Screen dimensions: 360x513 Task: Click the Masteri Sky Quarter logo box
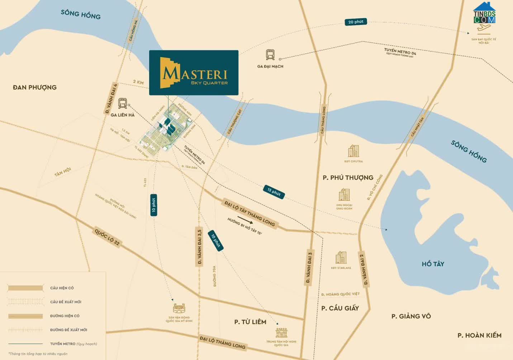click(194, 73)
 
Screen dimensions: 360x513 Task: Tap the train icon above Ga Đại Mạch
click(270, 55)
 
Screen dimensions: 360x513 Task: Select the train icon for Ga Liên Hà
click(123, 104)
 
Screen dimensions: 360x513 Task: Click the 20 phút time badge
click(356, 22)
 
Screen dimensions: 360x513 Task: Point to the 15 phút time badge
click(274, 192)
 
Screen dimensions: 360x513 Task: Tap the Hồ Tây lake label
click(433, 264)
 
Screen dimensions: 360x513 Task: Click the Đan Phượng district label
click(35, 87)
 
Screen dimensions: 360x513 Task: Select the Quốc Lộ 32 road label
click(107, 237)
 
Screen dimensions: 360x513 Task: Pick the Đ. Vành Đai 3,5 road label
click(200, 246)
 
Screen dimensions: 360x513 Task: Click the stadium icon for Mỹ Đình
click(179, 308)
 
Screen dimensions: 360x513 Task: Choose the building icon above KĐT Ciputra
click(353, 151)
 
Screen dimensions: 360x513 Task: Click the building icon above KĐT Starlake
click(341, 258)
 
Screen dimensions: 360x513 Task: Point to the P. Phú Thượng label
click(348, 178)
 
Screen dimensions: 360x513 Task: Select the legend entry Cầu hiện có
click(62, 288)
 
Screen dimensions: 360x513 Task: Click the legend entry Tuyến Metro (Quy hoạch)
click(73, 344)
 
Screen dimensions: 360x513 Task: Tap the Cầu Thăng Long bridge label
click(323, 120)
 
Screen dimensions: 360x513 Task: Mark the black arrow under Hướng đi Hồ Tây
click(245, 220)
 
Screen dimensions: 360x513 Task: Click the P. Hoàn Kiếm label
click(479, 336)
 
